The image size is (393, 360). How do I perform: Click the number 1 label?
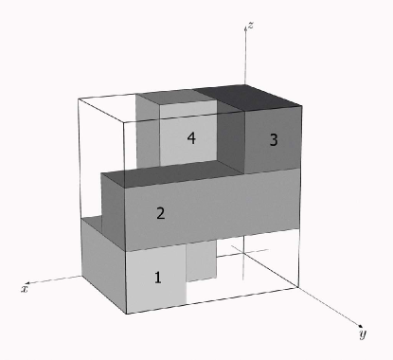coord(158,278)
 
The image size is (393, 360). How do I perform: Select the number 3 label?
coord(274,140)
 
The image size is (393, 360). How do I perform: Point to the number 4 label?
coord(191,138)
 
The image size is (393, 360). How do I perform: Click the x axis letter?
coord(24,287)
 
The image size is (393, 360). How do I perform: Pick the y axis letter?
coord(363,334)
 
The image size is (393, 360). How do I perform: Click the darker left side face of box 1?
coord(102,261)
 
